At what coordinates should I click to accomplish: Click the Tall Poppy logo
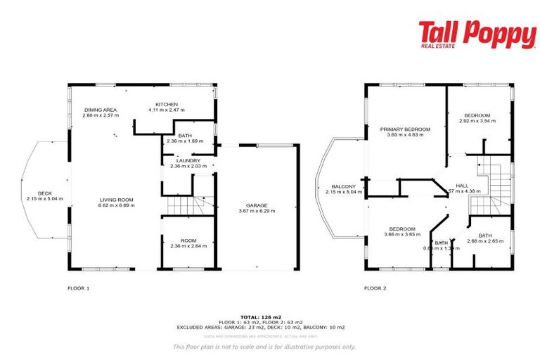tap(477, 34)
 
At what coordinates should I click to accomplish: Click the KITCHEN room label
tap(166, 104)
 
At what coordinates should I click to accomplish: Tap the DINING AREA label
tap(101, 110)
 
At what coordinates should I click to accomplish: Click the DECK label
tap(45, 193)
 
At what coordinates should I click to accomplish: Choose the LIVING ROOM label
tap(116, 200)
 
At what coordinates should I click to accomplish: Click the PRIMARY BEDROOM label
tap(405, 129)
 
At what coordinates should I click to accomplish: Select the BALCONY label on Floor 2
tap(346, 186)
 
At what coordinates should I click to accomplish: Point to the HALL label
tap(463, 186)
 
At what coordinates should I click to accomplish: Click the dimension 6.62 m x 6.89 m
tap(116, 206)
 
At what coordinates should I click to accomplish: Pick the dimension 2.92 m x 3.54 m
tap(477, 121)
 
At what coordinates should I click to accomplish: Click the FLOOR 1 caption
tap(78, 288)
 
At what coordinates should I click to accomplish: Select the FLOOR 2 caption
tap(375, 288)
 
